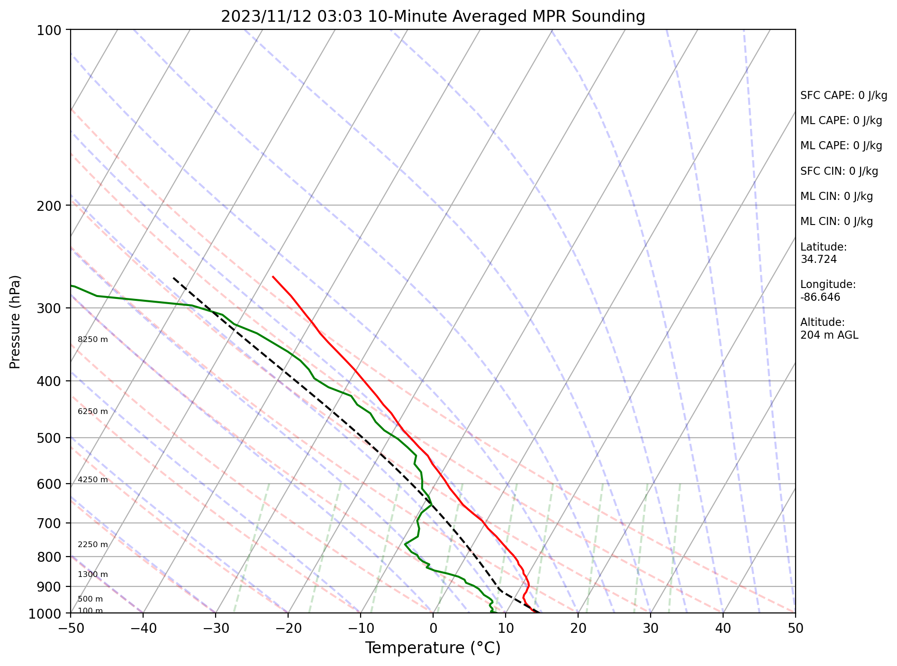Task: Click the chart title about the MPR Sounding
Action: pyautogui.click(x=433, y=17)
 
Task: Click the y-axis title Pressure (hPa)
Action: pyautogui.click(x=15, y=322)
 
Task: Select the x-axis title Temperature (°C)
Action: pyautogui.click(x=433, y=648)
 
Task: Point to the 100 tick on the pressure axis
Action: pyautogui.click(x=49, y=30)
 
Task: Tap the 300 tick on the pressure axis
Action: pyautogui.click(x=49, y=308)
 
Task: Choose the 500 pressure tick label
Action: pyautogui.click(x=49, y=438)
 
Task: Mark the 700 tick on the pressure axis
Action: pyautogui.click(x=49, y=523)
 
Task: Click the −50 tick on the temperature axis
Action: pyautogui.click(x=71, y=628)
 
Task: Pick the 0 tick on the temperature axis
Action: pyautogui.click(x=433, y=628)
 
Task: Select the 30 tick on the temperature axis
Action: pyautogui.click(x=651, y=628)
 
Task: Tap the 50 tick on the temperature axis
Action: pyautogui.click(x=796, y=628)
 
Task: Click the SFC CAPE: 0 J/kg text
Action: pyautogui.click(x=843, y=96)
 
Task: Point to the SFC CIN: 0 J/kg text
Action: pyautogui.click(x=839, y=171)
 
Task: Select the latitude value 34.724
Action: pyautogui.click(x=818, y=260)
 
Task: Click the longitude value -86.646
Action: pyautogui.click(x=820, y=297)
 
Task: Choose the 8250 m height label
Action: pyautogui.click(x=93, y=340)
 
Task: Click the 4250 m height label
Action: pyautogui.click(x=93, y=480)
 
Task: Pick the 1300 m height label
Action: pyautogui.click(x=93, y=575)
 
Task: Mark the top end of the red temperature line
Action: pyautogui.click(x=272, y=276)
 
